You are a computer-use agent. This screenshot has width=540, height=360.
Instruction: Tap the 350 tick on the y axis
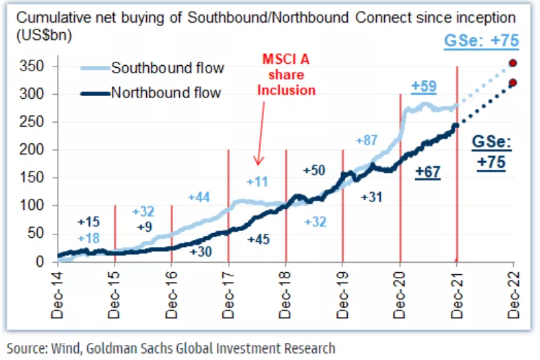pos(35,67)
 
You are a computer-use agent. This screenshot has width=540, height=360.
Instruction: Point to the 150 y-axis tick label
pos(35,178)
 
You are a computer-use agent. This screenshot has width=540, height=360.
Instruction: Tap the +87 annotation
pos(367,141)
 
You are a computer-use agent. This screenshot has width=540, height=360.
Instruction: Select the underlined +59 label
pos(423,87)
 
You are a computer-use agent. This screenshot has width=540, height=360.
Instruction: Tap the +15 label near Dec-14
pos(89,222)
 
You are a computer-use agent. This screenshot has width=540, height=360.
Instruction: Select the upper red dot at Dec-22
pos(513,64)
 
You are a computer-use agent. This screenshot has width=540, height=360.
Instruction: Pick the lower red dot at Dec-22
pos(513,83)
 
